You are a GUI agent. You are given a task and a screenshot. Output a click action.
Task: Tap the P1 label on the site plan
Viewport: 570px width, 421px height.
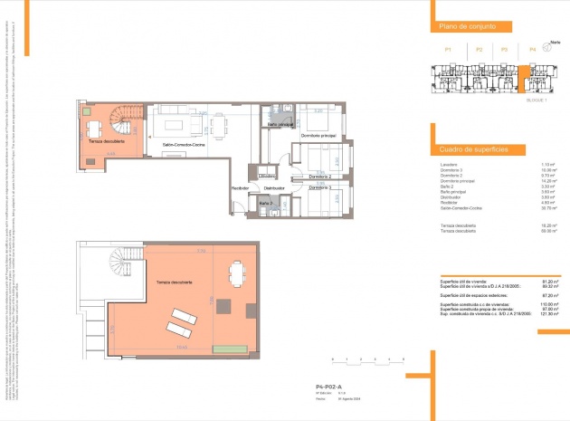coord(447,49)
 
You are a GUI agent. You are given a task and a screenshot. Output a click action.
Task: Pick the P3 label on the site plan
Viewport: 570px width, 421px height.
coord(504,49)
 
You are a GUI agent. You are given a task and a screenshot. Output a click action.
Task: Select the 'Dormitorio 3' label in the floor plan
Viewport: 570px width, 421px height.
coord(318,187)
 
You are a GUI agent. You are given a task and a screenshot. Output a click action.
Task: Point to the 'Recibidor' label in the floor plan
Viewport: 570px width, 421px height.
coord(240,187)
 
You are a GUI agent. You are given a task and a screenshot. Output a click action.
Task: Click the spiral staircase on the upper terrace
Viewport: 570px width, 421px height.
coord(124,119)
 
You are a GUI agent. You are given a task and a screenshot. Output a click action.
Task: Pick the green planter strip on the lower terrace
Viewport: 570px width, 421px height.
coord(228,349)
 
